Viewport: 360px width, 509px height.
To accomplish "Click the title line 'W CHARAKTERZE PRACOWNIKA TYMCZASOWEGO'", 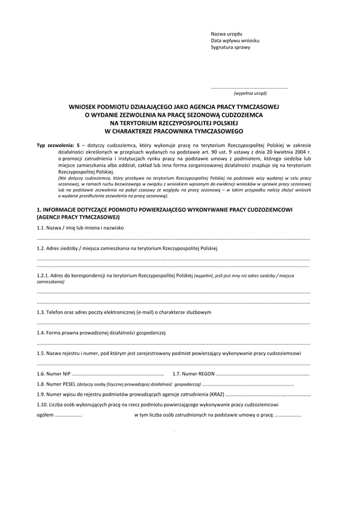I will coord(173,129).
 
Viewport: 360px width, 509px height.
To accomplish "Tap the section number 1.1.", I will coord(41,229).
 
